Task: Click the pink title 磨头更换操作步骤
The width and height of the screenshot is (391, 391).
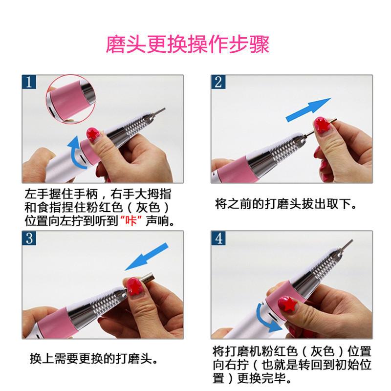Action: click(188, 44)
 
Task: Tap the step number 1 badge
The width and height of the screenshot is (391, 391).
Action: click(29, 82)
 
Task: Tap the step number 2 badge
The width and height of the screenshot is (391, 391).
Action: click(218, 82)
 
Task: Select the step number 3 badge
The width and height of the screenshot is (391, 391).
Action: click(29, 238)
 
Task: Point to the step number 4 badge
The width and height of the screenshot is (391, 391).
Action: click(218, 238)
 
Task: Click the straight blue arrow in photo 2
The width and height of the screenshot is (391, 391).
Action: click(308, 109)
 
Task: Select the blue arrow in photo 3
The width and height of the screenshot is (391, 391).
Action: click(147, 257)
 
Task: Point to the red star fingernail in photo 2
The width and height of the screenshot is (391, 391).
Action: click(322, 125)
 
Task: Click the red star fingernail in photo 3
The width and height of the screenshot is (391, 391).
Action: click(135, 286)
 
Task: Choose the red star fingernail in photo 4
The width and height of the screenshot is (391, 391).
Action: click(287, 304)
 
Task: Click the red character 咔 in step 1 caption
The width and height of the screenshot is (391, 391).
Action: click(130, 220)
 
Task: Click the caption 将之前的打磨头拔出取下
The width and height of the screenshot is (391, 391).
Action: click(286, 204)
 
